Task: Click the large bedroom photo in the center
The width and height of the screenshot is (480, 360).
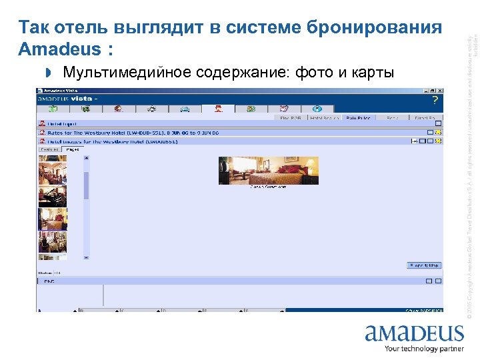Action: click(269, 170)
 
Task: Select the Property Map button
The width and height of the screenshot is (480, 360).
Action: click(424, 265)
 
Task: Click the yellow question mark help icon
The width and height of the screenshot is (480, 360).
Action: click(435, 101)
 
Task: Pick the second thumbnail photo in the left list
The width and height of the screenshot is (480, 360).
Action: click(52, 196)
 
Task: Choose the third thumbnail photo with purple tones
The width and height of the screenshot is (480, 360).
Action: click(52, 219)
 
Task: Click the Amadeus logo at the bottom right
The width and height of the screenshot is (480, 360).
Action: click(414, 333)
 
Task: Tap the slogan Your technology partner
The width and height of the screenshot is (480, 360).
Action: click(424, 349)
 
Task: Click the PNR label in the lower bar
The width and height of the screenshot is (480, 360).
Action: click(49, 281)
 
